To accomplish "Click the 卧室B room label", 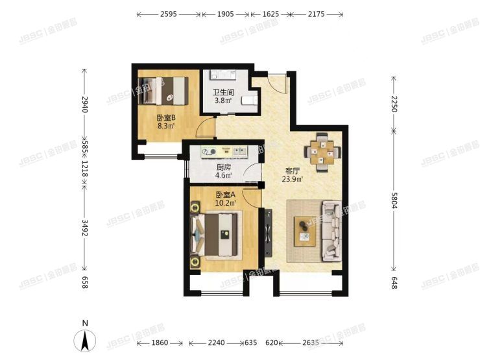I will click(x=166, y=118).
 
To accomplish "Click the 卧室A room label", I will click(x=225, y=195).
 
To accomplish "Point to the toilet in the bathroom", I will click(x=250, y=100).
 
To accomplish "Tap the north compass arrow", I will click(x=84, y=339).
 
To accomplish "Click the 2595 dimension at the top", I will click(x=169, y=14).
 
